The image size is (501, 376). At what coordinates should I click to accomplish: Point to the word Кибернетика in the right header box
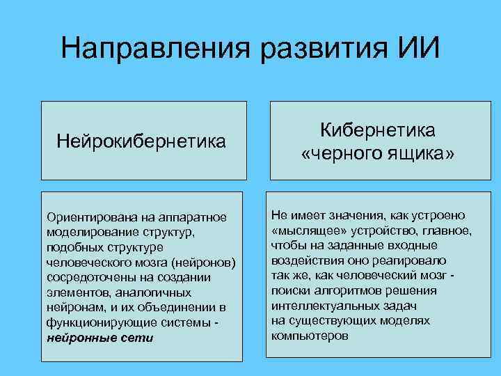click(378, 130)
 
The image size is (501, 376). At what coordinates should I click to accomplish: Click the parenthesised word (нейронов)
click(205, 263)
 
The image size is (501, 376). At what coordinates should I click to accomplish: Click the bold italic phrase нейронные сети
click(100, 338)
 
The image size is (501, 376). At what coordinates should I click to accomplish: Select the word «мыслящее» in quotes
click(305, 230)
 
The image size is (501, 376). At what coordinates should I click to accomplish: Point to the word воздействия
click(305, 260)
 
